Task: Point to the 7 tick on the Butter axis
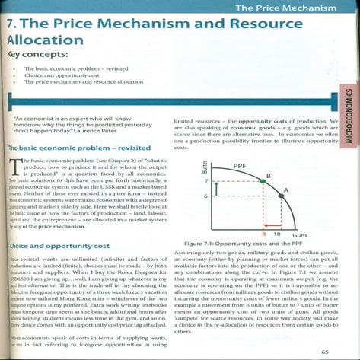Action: point(205,181)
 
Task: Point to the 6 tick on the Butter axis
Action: point(205,196)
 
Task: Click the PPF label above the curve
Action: point(239,165)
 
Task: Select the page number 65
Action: point(324,351)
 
